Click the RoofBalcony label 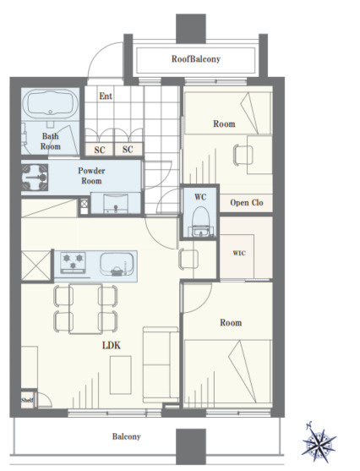pyautogui.click(x=196, y=59)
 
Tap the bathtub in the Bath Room pyautogui.click(x=50, y=104)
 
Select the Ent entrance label pyautogui.click(x=106, y=96)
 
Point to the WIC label pyautogui.click(x=239, y=253)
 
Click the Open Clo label pyautogui.click(x=247, y=203)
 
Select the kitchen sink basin pyautogui.click(x=117, y=265)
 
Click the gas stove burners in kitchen pyautogui.click(x=73, y=262)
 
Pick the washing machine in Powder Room pyautogui.click(x=35, y=178)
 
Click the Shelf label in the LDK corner pyautogui.click(x=27, y=400)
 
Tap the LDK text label pyautogui.click(x=112, y=346)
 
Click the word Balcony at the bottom pyautogui.click(x=127, y=436)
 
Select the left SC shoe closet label pyautogui.click(x=100, y=150)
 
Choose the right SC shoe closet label pyautogui.click(x=128, y=150)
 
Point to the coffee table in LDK pyautogui.click(x=120, y=375)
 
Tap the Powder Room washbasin pyautogui.click(x=116, y=205)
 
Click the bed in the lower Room pyautogui.click(x=227, y=374)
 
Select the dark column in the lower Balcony pyautogui.click(x=191, y=446)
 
